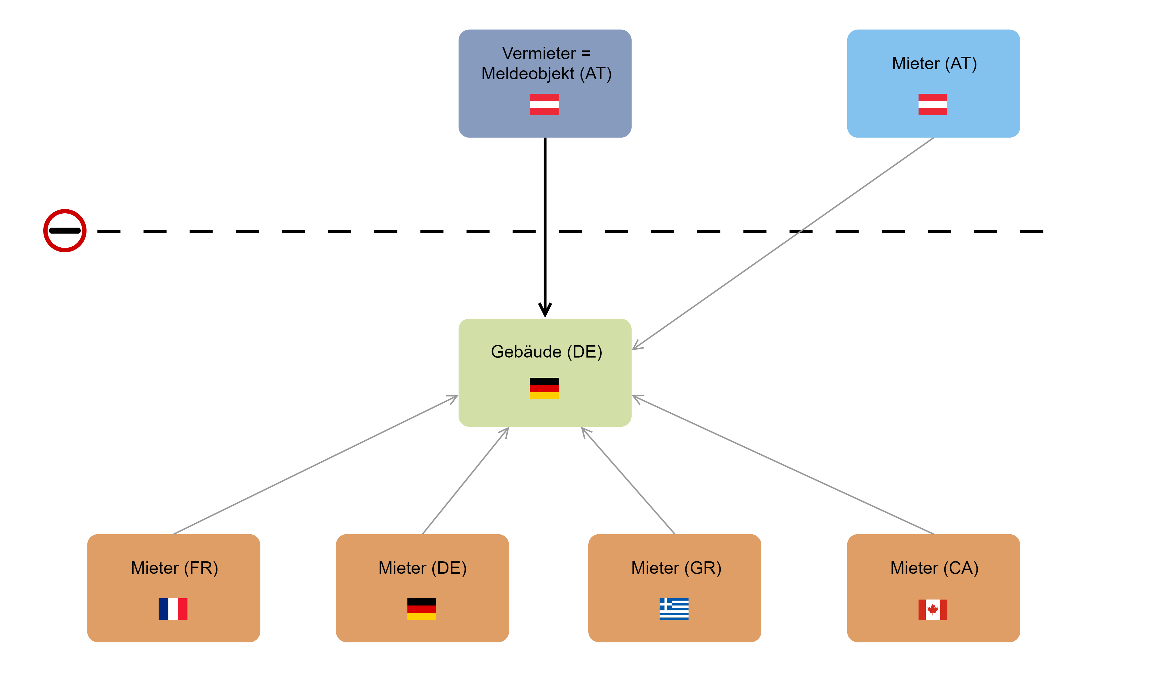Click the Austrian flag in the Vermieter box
coord(544,104)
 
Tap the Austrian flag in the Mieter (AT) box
coord(933,104)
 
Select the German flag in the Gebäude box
coord(544,388)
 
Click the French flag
coord(173,609)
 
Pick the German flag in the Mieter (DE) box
coord(422,609)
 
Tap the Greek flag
coord(674,609)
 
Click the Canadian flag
coord(933,610)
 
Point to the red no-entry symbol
coord(65,230)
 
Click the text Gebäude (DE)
coord(547,351)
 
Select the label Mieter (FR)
coord(174,568)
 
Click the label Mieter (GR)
coord(676,568)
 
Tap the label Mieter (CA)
coord(934,568)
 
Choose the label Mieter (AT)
coord(934,63)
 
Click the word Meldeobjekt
coord(528,74)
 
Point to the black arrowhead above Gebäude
coord(544,310)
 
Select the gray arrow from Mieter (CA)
coord(783,465)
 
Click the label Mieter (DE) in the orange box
coord(422,568)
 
